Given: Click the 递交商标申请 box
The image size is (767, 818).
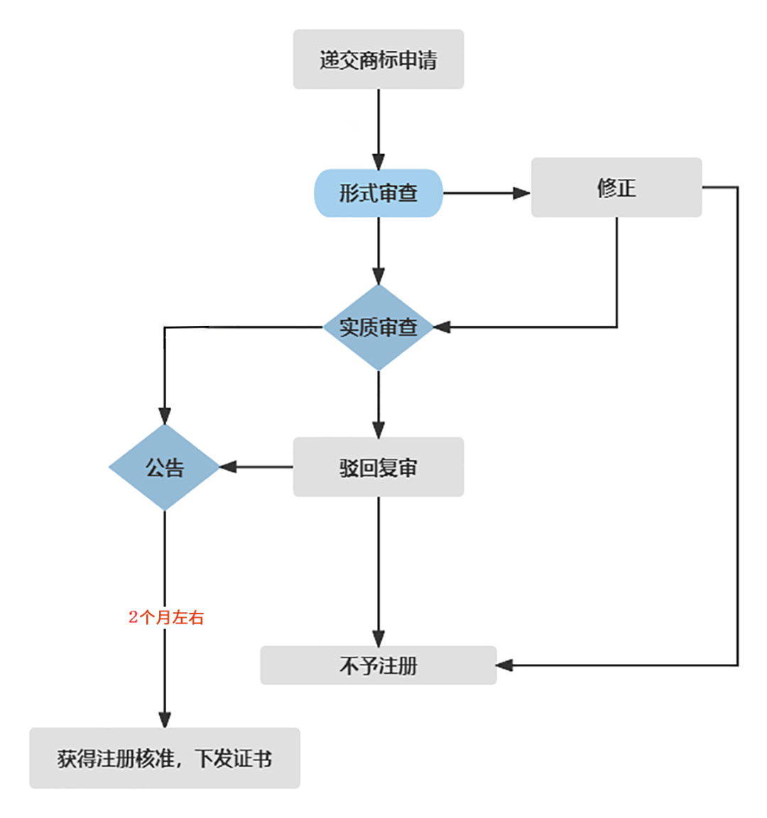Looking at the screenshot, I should pyautogui.click(x=378, y=60).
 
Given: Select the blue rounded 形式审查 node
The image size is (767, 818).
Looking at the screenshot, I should pyautogui.click(x=378, y=193).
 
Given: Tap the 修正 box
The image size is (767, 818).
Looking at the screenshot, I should pyautogui.click(x=616, y=187).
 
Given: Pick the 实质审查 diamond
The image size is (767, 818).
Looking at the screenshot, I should pyautogui.click(x=378, y=327).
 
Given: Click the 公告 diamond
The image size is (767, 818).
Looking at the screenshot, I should pyautogui.click(x=165, y=467).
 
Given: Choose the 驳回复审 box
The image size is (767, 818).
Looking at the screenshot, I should pyautogui.click(x=378, y=467).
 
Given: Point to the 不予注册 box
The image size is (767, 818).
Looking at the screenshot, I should pyautogui.click(x=378, y=665).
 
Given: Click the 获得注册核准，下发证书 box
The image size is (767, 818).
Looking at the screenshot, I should pyautogui.click(x=165, y=758).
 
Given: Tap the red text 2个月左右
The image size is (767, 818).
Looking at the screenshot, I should pyautogui.click(x=166, y=618).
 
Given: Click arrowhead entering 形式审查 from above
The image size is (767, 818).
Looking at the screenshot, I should pyautogui.click(x=379, y=161).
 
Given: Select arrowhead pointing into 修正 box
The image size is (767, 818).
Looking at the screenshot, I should pyautogui.click(x=522, y=193).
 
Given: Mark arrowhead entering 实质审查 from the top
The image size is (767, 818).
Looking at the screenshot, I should pyautogui.click(x=379, y=276).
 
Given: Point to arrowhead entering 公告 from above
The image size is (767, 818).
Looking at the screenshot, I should pyautogui.click(x=165, y=416).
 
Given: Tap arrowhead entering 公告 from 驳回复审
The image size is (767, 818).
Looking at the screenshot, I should pyautogui.click(x=228, y=467).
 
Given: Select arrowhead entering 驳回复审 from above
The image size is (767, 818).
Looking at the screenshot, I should pyautogui.click(x=379, y=429).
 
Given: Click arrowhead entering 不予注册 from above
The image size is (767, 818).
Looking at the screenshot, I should pyautogui.click(x=379, y=638).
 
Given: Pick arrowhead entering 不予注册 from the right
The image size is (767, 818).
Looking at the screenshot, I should pyautogui.click(x=505, y=665).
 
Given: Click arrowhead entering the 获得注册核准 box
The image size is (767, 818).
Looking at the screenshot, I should pyautogui.click(x=165, y=719).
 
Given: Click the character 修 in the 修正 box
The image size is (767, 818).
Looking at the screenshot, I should pyautogui.click(x=606, y=187).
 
